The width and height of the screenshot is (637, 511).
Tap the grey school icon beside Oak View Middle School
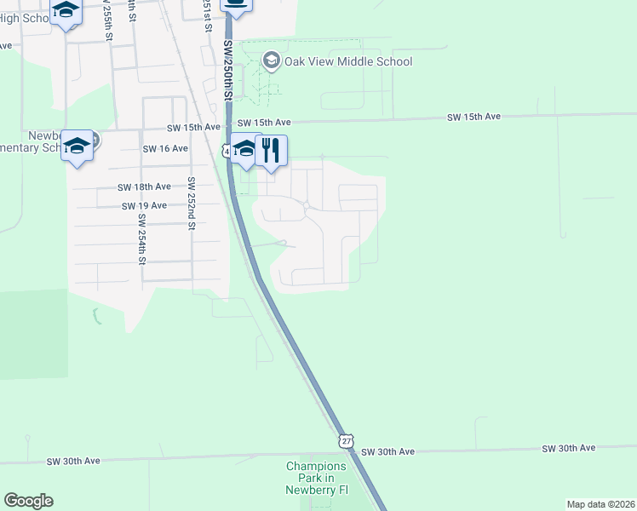click(272, 60)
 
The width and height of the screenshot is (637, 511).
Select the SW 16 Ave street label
click(165, 148)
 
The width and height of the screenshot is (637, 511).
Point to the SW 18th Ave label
click(145, 187)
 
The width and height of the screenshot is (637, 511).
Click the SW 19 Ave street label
click(144, 205)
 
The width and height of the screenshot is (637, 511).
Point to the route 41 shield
click(225, 150)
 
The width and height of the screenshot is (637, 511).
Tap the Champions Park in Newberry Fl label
click(316, 479)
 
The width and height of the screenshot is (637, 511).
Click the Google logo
click(28, 501)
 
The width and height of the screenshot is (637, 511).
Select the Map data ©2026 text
click(600, 504)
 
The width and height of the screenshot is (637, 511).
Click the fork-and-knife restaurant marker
click(272, 150)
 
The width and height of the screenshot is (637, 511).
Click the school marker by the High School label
click(66, 11)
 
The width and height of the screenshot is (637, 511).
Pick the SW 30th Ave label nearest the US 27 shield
click(387, 451)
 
